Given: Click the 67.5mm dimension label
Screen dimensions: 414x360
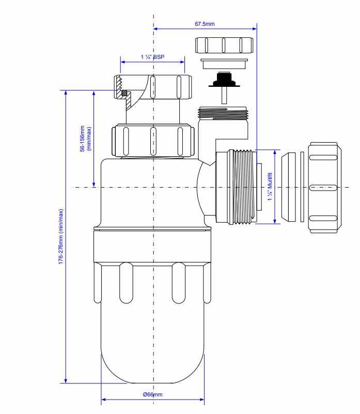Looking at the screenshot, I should pyautogui.click(x=204, y=24).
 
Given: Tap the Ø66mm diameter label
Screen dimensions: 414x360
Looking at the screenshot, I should pyautogui.click(x=152, y=395).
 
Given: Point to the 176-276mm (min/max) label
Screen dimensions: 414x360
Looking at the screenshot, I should pyautogui.click(x=61, y=237).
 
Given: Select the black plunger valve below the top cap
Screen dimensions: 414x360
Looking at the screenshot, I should pyautogui.click(x=224, y=81).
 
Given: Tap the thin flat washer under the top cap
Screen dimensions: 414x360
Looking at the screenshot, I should pyautogui.click(x=224, y=64).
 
